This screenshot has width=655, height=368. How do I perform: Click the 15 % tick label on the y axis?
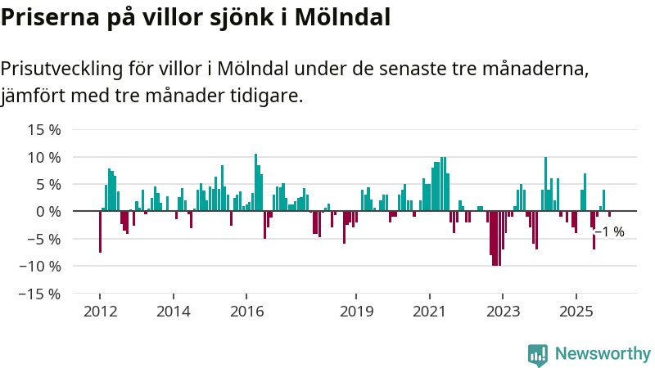tap(44, 129)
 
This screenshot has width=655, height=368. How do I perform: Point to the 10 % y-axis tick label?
tap(44, 157)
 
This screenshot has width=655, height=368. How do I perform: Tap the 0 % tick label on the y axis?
tap(48, 211)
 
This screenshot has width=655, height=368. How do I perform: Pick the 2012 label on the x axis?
tap(100, 312)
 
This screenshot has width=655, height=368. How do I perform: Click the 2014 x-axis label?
tap(174, 312)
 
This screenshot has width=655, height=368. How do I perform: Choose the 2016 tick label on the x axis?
tap(247, 312)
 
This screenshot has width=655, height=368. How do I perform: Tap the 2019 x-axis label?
tap(357, 312)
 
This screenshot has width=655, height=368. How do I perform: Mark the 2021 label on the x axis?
tap(430, 312)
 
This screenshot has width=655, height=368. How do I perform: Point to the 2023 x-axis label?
tap(504, 312)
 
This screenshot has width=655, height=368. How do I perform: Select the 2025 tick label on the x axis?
tap(576, 312)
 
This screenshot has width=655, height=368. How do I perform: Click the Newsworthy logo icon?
tap(538, 354)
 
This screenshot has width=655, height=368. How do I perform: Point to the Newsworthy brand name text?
tap(603, 354)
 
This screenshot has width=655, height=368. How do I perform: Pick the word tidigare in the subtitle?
tap(267, 96)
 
